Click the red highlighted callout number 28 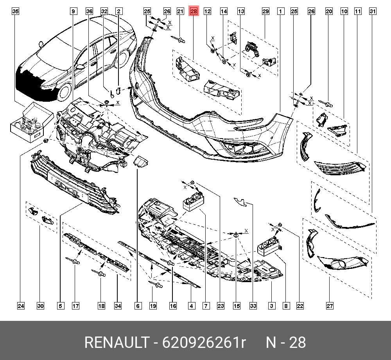pos(194,11)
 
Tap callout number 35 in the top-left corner pos(15,11)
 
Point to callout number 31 pos(373,11)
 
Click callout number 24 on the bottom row pos(21,306)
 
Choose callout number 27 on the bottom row pos(330,306)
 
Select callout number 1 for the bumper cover pos(281,11)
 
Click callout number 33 pos(253,306)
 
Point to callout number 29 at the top pos(265,11)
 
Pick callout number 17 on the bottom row pos(75,306)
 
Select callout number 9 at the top pos(73,11)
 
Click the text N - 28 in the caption pos(286,343)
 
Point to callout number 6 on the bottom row pos(138,306)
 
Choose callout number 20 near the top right pos(329,11)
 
